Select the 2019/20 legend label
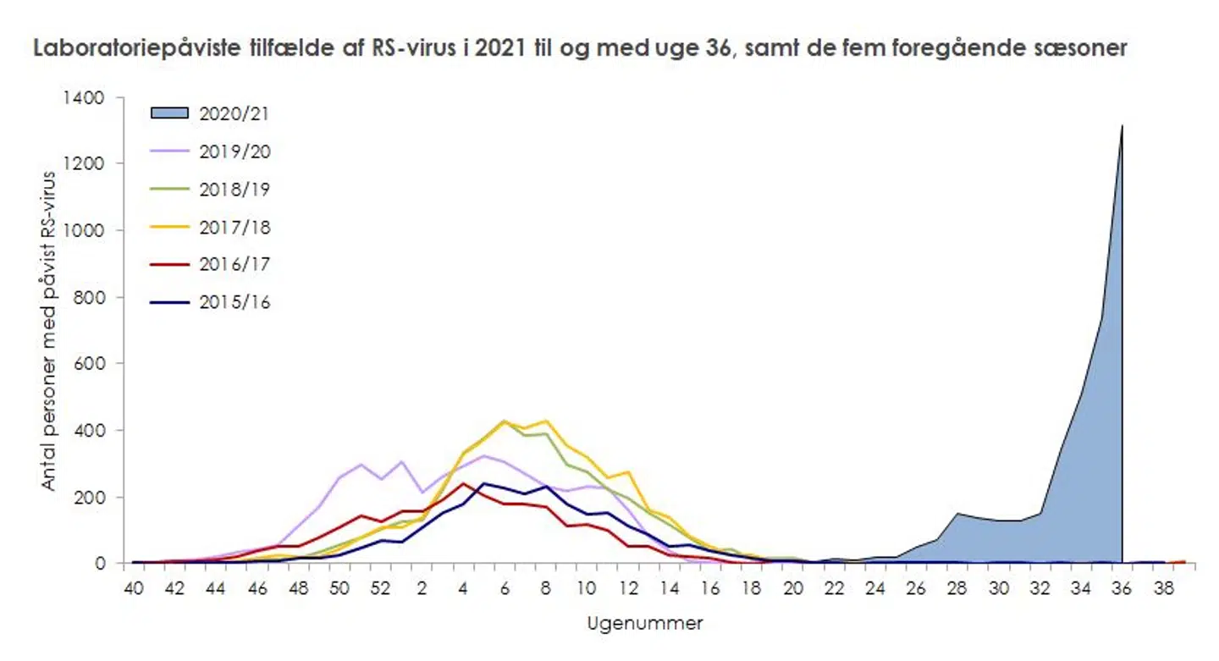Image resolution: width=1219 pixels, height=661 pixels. [x=234, y=151]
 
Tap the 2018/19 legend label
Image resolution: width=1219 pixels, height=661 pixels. [x=234, y=189]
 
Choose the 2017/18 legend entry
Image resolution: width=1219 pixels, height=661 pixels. [x=234, y=227]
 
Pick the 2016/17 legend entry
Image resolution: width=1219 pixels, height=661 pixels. [x=234, y=264]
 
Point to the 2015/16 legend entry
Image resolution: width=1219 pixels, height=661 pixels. [x=234, y=302]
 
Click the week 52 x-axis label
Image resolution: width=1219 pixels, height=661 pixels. [x=380, y=587]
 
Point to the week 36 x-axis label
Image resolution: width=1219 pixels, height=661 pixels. [x=1123, y=587]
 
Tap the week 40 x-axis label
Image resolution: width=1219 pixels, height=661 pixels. [x=132, y=587]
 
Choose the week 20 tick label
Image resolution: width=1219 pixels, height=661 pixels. [x=793, y=587]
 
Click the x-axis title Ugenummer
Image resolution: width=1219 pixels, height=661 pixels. [x=644, y=625]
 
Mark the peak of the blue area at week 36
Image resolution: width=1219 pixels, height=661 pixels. [x=1122, y=126]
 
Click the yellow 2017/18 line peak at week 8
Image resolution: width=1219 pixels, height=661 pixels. [x=545, y=421]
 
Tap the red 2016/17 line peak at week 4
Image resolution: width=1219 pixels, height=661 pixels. [x=463, y=483]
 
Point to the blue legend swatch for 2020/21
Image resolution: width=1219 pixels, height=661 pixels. [x=170, y=113]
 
